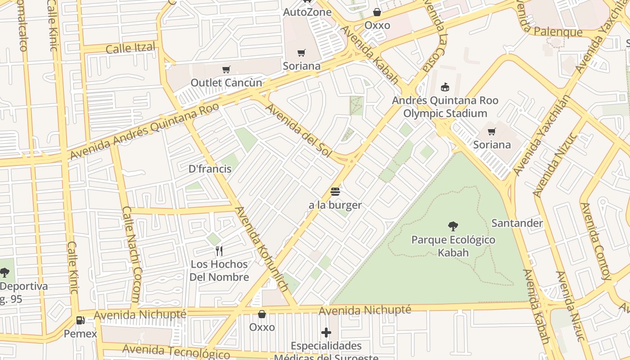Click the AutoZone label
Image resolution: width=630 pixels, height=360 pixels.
(x=307, y=12)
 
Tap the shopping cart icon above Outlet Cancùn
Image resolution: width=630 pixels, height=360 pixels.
(x=226, y=69)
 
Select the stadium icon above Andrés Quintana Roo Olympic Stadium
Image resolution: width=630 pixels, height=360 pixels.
(x=445, y=87)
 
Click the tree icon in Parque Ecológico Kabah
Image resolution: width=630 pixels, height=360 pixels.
(x=453, y=226)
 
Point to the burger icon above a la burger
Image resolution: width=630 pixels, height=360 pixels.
(x=335, y=192)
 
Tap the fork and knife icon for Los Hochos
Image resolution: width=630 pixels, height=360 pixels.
(x=219, y=251)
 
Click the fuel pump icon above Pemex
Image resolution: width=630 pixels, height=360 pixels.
(x=81, y=320)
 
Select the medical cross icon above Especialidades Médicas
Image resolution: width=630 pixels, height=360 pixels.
(x=326, y=333)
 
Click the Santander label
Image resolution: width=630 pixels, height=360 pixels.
(x=517, y=223)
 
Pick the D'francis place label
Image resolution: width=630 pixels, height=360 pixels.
(x=210, y=169)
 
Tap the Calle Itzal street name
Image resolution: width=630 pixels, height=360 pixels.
(x=130, y=48)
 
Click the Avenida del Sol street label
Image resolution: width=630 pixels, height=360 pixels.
(x=298, y=130)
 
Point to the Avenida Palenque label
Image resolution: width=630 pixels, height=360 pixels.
(x=558, y=32)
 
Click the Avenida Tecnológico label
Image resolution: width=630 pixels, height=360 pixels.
(x=176, y=351)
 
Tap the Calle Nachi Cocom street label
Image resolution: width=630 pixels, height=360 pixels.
(x=132, y=254)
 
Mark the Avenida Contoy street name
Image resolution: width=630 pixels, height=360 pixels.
(x=596, y=241)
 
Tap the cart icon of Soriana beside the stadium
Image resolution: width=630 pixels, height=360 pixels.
(x=492, y=132)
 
